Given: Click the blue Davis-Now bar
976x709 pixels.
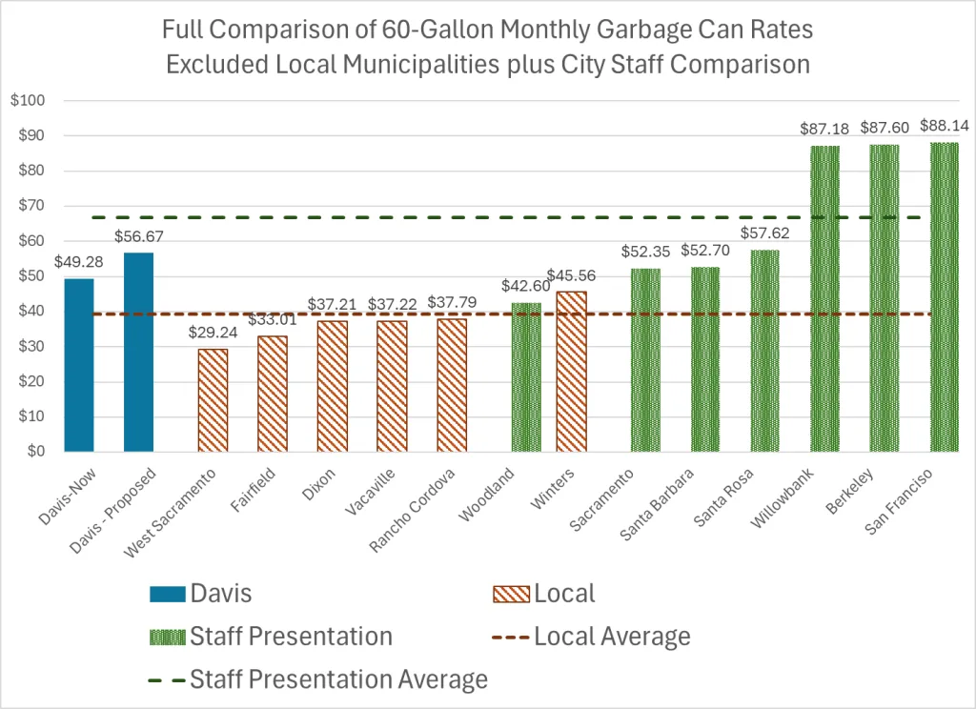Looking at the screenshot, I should pos(79,365).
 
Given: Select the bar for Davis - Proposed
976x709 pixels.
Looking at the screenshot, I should pos(138,353).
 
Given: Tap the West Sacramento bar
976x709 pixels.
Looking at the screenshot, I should pos(213,400).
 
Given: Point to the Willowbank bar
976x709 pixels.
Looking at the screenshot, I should pos(824,299).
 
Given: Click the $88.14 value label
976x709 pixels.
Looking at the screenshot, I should pos(943,126).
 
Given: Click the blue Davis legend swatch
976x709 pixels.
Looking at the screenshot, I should pos(167,593).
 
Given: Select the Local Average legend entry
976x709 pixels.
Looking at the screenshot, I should pos(612,636).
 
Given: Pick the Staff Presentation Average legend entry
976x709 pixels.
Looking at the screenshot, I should pos(339,679).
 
